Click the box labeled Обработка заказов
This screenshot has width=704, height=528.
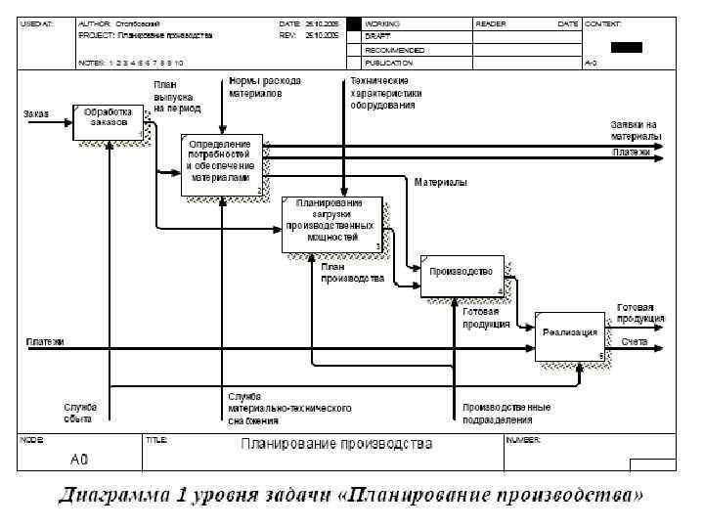click(109, 121)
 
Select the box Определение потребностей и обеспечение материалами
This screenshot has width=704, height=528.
click(223, 165)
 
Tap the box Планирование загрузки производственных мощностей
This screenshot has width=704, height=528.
click(333, 224)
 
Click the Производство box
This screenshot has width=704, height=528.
click(462, 275)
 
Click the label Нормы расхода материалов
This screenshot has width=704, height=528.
click(264, 87)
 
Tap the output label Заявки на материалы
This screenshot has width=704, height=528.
click(635, 130)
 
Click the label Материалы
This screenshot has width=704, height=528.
click(440, 183)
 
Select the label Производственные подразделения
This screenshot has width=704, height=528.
click(506, 413)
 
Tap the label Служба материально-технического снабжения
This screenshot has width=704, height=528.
click(288, 409)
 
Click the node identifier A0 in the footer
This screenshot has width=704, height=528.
click(79, 458)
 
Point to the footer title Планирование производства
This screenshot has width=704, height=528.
click(336, 446)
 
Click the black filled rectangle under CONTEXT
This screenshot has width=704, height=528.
click(627, 47)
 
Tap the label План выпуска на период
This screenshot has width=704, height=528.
click(177, 97)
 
